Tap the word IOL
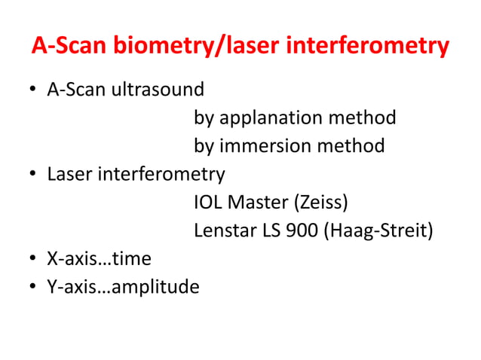pyautogui.click(x=209, y=203)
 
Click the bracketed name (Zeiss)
pyautogui.click(x=322, y=203)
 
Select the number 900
pyautogui.click(x=302, y=230)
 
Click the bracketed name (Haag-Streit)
pyautogui.click(x=378, y=230)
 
